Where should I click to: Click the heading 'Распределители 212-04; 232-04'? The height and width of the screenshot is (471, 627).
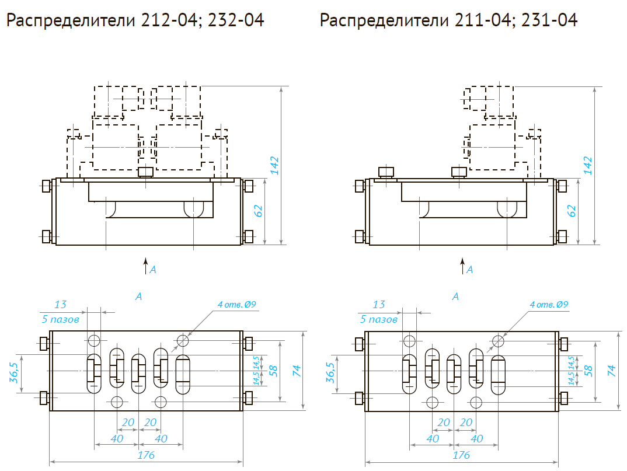click(135, 21)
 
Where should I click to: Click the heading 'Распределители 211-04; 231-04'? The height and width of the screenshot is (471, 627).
click(448, 21)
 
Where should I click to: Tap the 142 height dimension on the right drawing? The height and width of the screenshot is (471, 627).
click(588, 165)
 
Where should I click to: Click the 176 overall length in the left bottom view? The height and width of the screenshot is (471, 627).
click(146, 455)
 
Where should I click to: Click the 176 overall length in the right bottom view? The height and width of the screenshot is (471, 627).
click(461, 455)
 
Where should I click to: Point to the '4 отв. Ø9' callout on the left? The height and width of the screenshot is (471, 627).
click(237, 305)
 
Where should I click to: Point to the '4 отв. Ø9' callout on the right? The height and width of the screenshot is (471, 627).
click(549, 305)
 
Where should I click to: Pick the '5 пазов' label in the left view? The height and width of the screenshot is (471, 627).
click(61, 319)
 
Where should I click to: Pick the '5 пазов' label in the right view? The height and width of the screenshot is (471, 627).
click(379, 319)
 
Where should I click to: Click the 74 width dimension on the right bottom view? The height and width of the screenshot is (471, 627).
click(611, 370)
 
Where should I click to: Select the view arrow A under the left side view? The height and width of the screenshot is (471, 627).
click(147, 267)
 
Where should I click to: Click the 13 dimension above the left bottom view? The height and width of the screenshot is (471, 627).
click(61, 305)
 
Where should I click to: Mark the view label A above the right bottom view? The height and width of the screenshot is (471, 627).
click(455, 296)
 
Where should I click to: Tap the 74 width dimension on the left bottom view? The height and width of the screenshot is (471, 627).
click(297, 370)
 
